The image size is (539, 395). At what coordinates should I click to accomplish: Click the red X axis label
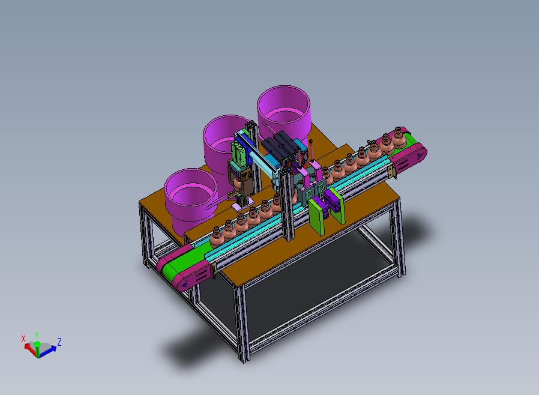(23, 339)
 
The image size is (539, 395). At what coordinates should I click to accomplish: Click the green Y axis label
(37, 335)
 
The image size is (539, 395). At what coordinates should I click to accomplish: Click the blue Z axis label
(59, 342)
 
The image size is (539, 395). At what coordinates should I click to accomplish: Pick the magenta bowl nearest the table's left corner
(191, 199)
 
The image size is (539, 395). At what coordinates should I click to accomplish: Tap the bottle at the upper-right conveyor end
(399, 137)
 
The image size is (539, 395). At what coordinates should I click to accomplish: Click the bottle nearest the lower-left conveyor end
(217, 238)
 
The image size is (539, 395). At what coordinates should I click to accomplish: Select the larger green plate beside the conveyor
(316, 217)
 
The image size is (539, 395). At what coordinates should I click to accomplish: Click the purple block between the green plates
(332, 201)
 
